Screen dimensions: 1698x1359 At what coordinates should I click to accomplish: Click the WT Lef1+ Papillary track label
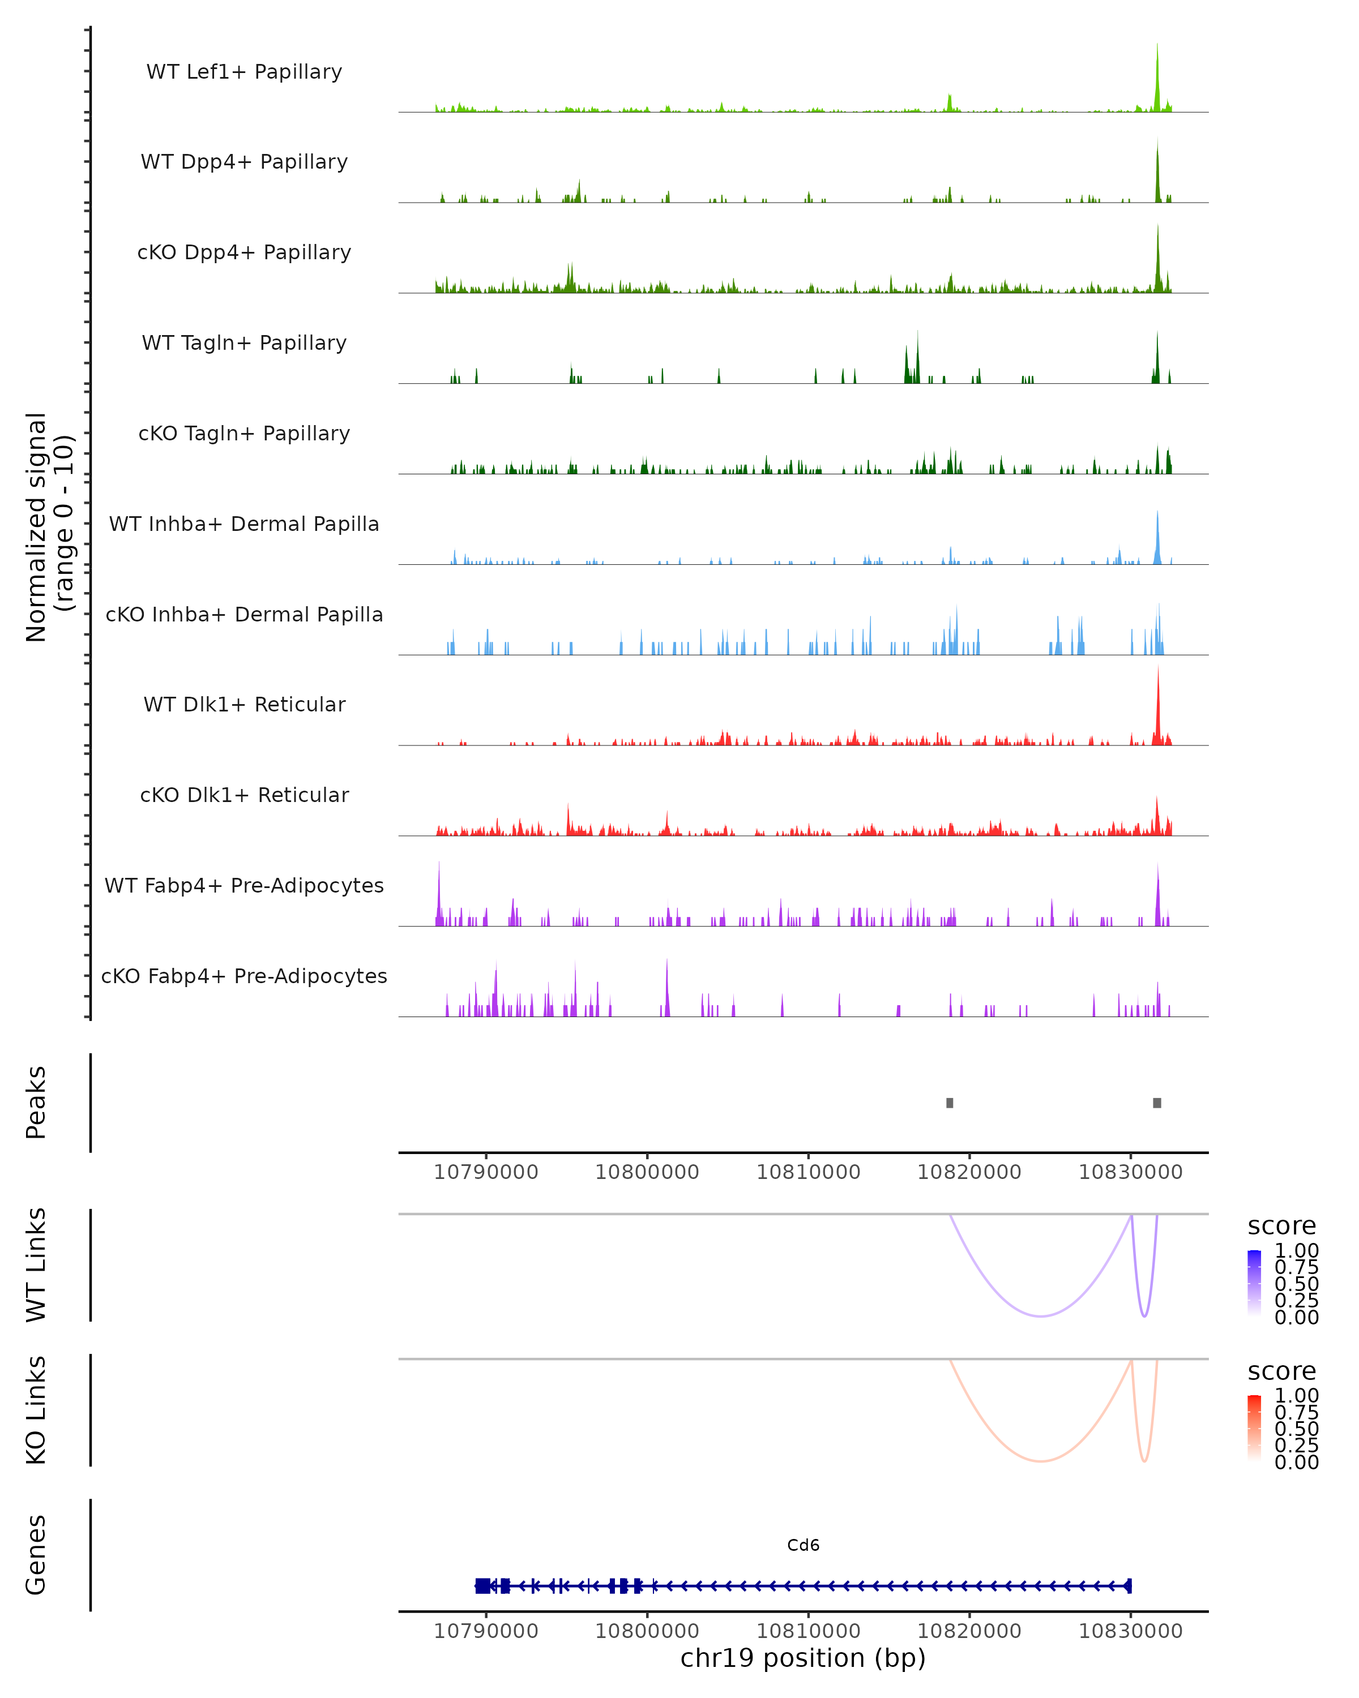coord(244,72)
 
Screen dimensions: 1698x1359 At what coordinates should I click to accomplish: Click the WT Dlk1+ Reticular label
coord(244,704)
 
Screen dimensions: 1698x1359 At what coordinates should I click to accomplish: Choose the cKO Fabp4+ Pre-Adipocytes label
coord(244,976)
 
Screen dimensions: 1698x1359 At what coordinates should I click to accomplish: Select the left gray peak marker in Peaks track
coord(950,1103)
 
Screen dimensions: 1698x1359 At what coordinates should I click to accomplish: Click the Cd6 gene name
coord(803,1545)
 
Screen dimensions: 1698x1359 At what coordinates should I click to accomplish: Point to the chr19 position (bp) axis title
coord(803,1658)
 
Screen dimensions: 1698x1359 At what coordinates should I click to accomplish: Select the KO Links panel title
coord(36,1410)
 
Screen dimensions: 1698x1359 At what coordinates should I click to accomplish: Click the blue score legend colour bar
coord(1254,1282)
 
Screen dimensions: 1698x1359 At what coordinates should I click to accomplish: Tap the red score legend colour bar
coord(1254,1427)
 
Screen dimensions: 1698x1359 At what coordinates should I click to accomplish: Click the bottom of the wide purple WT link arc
coord(1041,1315)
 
